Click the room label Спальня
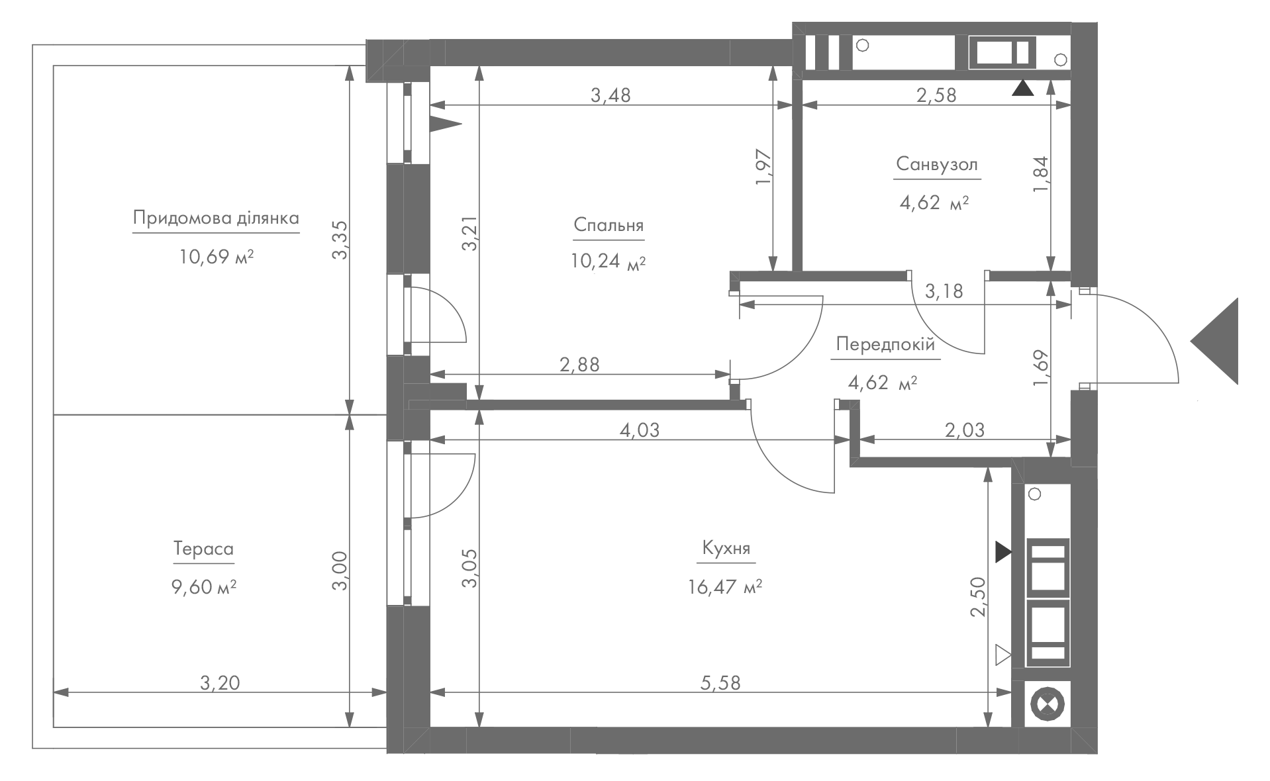[x=609, y=225]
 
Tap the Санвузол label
[x=937, y=164]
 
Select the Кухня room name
[x=726, y=549]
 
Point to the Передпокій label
[x=885, y=344]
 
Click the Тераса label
[x=203, y=549]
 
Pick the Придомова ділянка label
[x=216, y=218]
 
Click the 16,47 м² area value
[x=725, y=587]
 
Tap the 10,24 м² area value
[x=608, y=262]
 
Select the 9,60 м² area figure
[x=204, y=587]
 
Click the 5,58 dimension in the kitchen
[x=720, y=682]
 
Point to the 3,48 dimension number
[x=611, y=95]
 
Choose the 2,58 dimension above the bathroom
[x=936, y=95]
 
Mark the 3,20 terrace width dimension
[x=220, y=682]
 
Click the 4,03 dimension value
[x=640, y=430]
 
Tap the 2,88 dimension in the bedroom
[x=579, y=365]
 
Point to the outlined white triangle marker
[x=1002, y=655]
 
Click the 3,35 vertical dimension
[x=340, y=240]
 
